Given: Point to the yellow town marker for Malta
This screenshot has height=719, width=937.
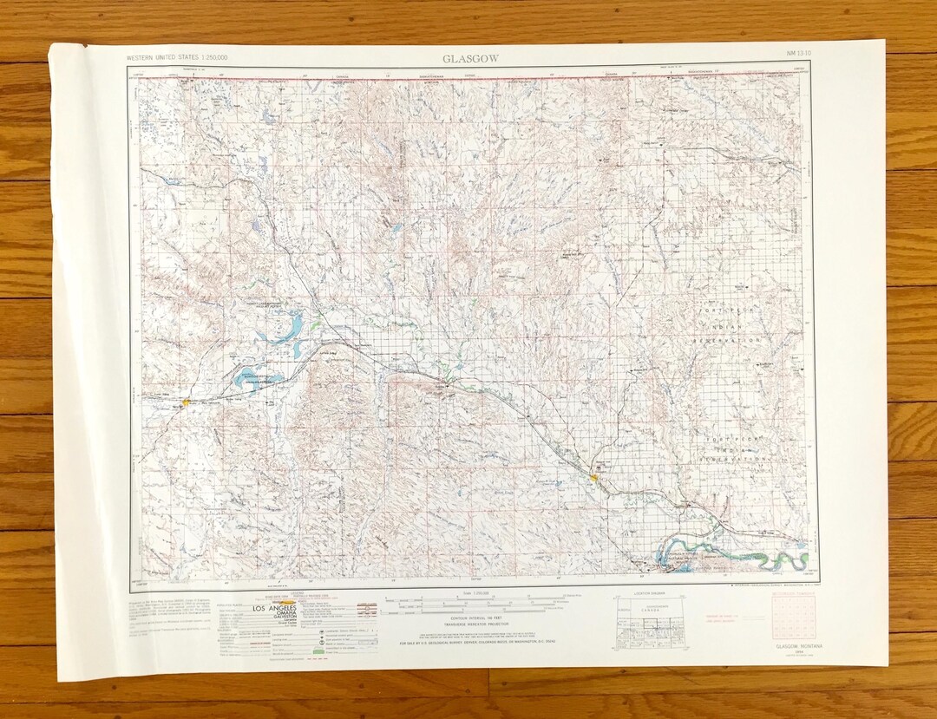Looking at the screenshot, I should (x=187, y=402).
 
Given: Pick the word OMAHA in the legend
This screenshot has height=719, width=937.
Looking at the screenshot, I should (x=278, y=614).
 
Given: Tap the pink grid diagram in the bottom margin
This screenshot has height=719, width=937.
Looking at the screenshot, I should (x=794, y=618).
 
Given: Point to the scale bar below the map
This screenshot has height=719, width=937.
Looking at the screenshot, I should (x=470, y=600).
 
